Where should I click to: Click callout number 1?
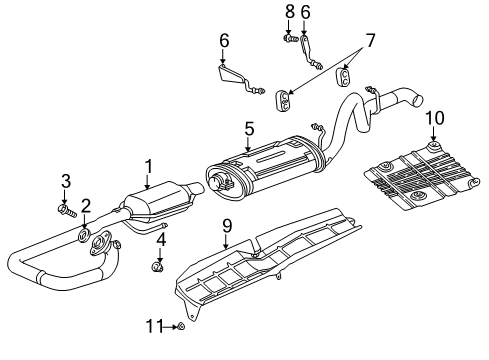(147, 166)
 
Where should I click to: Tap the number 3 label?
(65, 181)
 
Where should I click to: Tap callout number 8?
(290, 12)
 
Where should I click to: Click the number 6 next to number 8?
(306, 12)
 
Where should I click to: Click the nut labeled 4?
(158, 267)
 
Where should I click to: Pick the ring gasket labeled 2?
(84, 236)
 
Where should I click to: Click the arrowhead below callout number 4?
(158, 258)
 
